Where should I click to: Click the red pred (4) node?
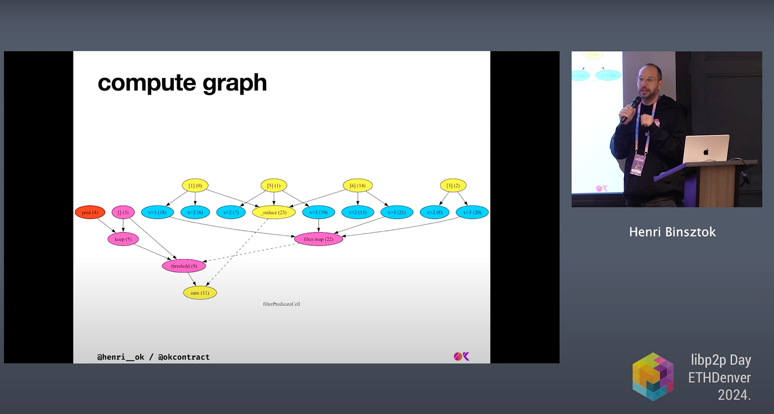pyautogui.click(x=90, y=212)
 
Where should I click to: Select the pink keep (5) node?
pyautogui.click(x=123, y=239)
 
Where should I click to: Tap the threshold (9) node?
pyautogui.click(x=184, y=266)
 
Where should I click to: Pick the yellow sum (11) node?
pyautogui.click(x=200, y=293)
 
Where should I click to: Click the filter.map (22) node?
pyautogui.click(x=319, y=239)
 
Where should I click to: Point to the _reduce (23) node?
pyautogui.click(x=274, y=212)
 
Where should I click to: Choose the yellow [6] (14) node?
pyautogui.click(x=357, y=186)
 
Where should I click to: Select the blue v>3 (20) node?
pyautogui.click(x=472, y=212)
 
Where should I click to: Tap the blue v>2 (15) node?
pyautogui.click(x=358, y=212)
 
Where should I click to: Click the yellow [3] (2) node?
pyautogui.click(x=453, y=186)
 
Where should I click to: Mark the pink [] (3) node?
pyautogui.click(x=123, y=212)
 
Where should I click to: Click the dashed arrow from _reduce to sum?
pyautogui.click(x=237, y=253)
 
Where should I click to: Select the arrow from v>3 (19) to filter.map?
pyautogui.click(x=319, y=226)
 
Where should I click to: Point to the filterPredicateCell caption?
pyautogui.click(x=282, y=304)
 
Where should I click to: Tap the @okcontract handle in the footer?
pyautogui.click(x=184, y=357)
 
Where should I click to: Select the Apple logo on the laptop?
pyautogui.click(x=706, y=151)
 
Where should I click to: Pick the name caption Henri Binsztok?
pyautogui.click(x=673, y=232)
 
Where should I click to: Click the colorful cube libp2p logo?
pyautogui.click(x=653, y=376)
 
